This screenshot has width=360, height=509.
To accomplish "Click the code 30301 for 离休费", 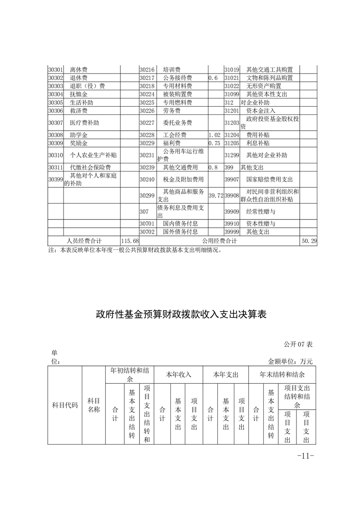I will point(55,70).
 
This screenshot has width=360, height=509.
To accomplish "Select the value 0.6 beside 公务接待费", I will point(213,78).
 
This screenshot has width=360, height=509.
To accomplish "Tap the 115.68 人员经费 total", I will point(129,240).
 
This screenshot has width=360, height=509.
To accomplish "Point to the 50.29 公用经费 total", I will point(308,240).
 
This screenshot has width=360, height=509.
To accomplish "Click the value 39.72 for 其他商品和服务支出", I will point(216,195).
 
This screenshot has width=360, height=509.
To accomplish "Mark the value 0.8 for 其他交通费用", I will point(213,167).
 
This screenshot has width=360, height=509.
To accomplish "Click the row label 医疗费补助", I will point(84,123).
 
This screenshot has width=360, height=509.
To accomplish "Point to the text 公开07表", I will point(299,345).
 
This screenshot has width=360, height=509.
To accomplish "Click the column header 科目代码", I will point(65,405).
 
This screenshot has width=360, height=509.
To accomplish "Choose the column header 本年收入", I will point(178,375).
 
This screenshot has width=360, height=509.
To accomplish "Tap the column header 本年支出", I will point(226,375).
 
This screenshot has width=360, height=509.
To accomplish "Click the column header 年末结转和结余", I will point(282,375).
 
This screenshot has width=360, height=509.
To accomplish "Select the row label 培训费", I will point(171,70).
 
